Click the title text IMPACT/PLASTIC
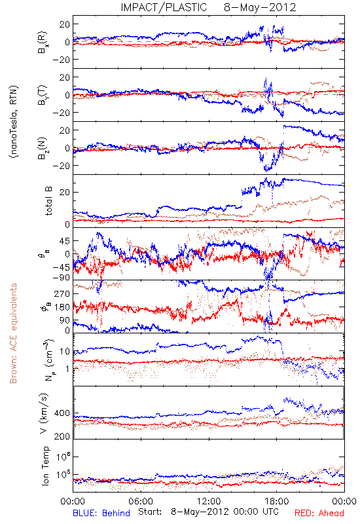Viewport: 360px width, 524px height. pyautogui.click(x=164, y=7)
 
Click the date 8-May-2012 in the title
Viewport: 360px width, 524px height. pyautogui.click(x=260, y=7)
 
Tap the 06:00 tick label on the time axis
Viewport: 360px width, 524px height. pyautogui.click(x=141, y=501)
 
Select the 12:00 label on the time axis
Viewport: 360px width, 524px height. pyautogui.click(x=209, y=501)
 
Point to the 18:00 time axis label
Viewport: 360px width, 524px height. pyautogui.click(x=277, y=501)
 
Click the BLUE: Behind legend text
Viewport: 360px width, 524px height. pyautogui.click(x=101, y=514)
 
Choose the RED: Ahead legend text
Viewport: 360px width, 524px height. pyautogui.click(x=319, y=514)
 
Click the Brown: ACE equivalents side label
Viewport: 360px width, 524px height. pyautogui.click(x=13, y=333)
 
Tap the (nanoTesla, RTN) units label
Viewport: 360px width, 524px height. pyautogui.click(x=14, y=122)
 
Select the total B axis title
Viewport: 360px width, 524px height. pyautogui.click(x=48, y=201)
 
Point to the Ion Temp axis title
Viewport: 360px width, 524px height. pyautogui.click(x=45, y=466)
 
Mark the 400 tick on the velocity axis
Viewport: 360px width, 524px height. pyautogui.click(x=62, y=413)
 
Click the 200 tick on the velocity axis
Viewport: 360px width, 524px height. pyautogui.click(x=62, y=436)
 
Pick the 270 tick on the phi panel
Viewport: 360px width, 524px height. pyautogui.click(x=62, y=293)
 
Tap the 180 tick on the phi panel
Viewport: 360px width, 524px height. pyautogui.click(x=62, y=307)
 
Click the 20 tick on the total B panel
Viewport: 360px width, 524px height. pyautogui.click(x=65, y=193)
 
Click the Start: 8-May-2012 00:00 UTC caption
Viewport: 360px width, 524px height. pyautogui.click(x=208, y=512)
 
